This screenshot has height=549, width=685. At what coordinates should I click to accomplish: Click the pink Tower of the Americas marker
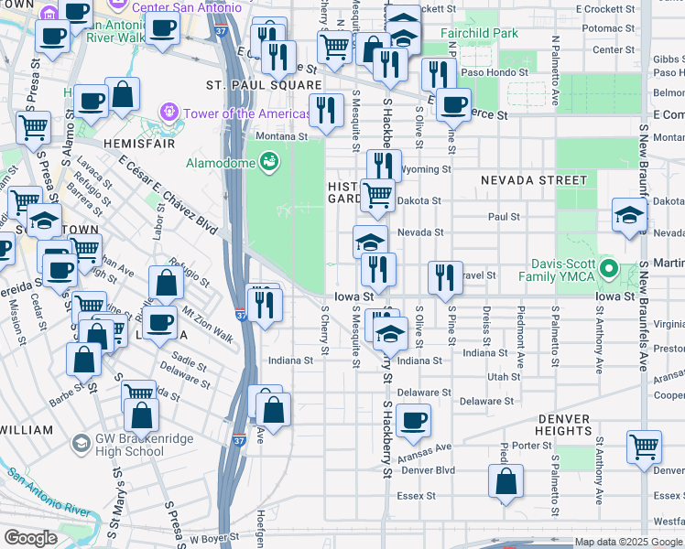168,113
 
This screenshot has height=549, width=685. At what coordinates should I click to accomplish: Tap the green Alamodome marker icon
268,162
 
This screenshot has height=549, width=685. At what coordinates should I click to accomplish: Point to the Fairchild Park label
478,34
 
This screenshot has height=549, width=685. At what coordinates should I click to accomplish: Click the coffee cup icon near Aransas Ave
413,420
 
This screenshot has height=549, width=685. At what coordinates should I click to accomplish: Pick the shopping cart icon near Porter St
645,447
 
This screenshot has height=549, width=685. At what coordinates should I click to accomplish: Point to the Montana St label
282,136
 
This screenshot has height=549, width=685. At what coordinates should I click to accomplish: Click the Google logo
31,538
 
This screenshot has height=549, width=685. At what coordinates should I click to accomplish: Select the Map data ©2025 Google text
627,542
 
